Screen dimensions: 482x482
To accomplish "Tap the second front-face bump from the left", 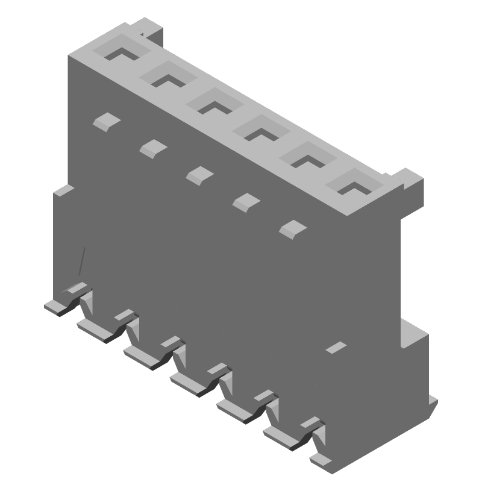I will [x=153, y=147].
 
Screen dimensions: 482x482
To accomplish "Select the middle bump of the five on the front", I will [x=199, y=175].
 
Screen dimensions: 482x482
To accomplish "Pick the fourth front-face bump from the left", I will [x=245, y=201].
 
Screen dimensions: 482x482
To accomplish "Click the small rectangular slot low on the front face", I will [x=335, y=348].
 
